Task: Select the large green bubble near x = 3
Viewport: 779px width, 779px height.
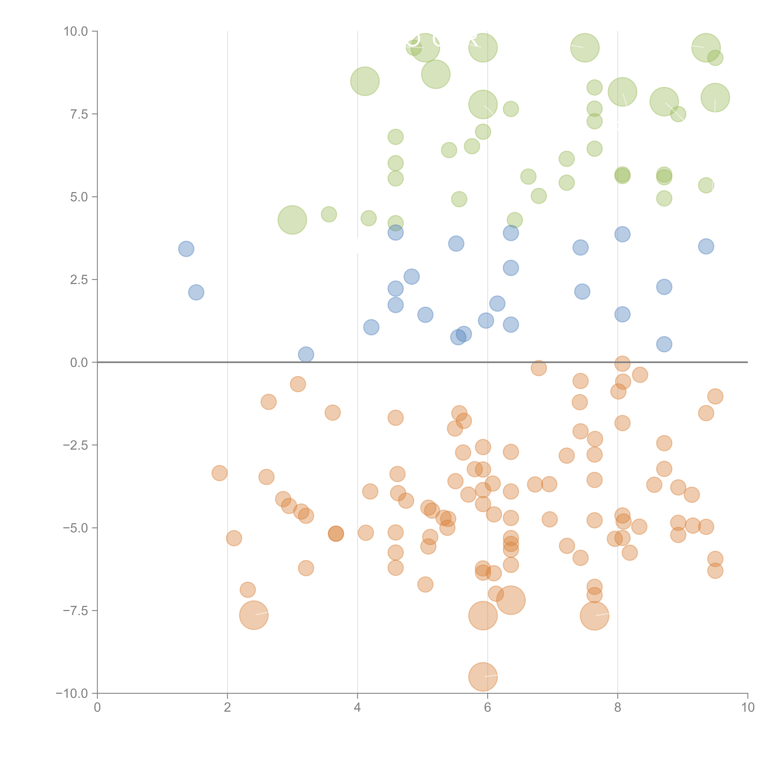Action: [x=292, y=220]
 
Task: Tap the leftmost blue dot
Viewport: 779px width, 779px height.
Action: [x=186, y=249]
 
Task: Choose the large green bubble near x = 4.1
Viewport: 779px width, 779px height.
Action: [x=365, y=81]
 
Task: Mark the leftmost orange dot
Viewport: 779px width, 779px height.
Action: [x=219, y=473]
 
